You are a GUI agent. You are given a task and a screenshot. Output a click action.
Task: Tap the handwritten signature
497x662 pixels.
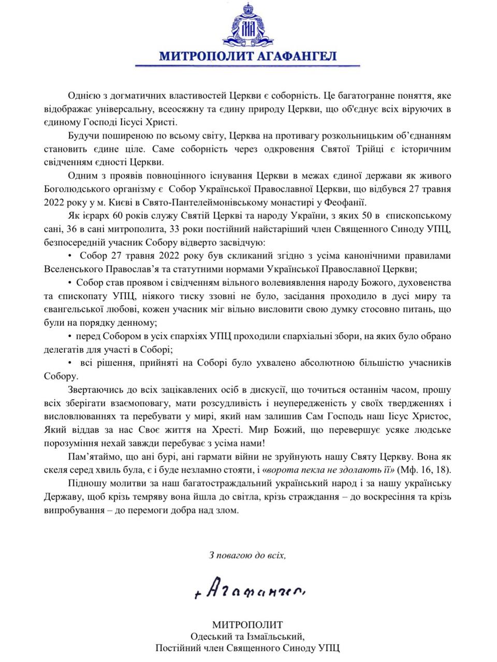click(250, 590)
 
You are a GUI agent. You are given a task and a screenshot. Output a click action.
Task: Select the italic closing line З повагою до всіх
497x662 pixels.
click(247, 555)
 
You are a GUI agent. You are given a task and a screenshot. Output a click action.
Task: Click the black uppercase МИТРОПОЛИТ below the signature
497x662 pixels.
click(247, 625)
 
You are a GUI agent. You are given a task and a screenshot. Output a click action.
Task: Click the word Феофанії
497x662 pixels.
click(349, 202)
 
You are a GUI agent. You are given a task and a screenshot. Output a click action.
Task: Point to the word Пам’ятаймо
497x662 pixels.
click(92, 457)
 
